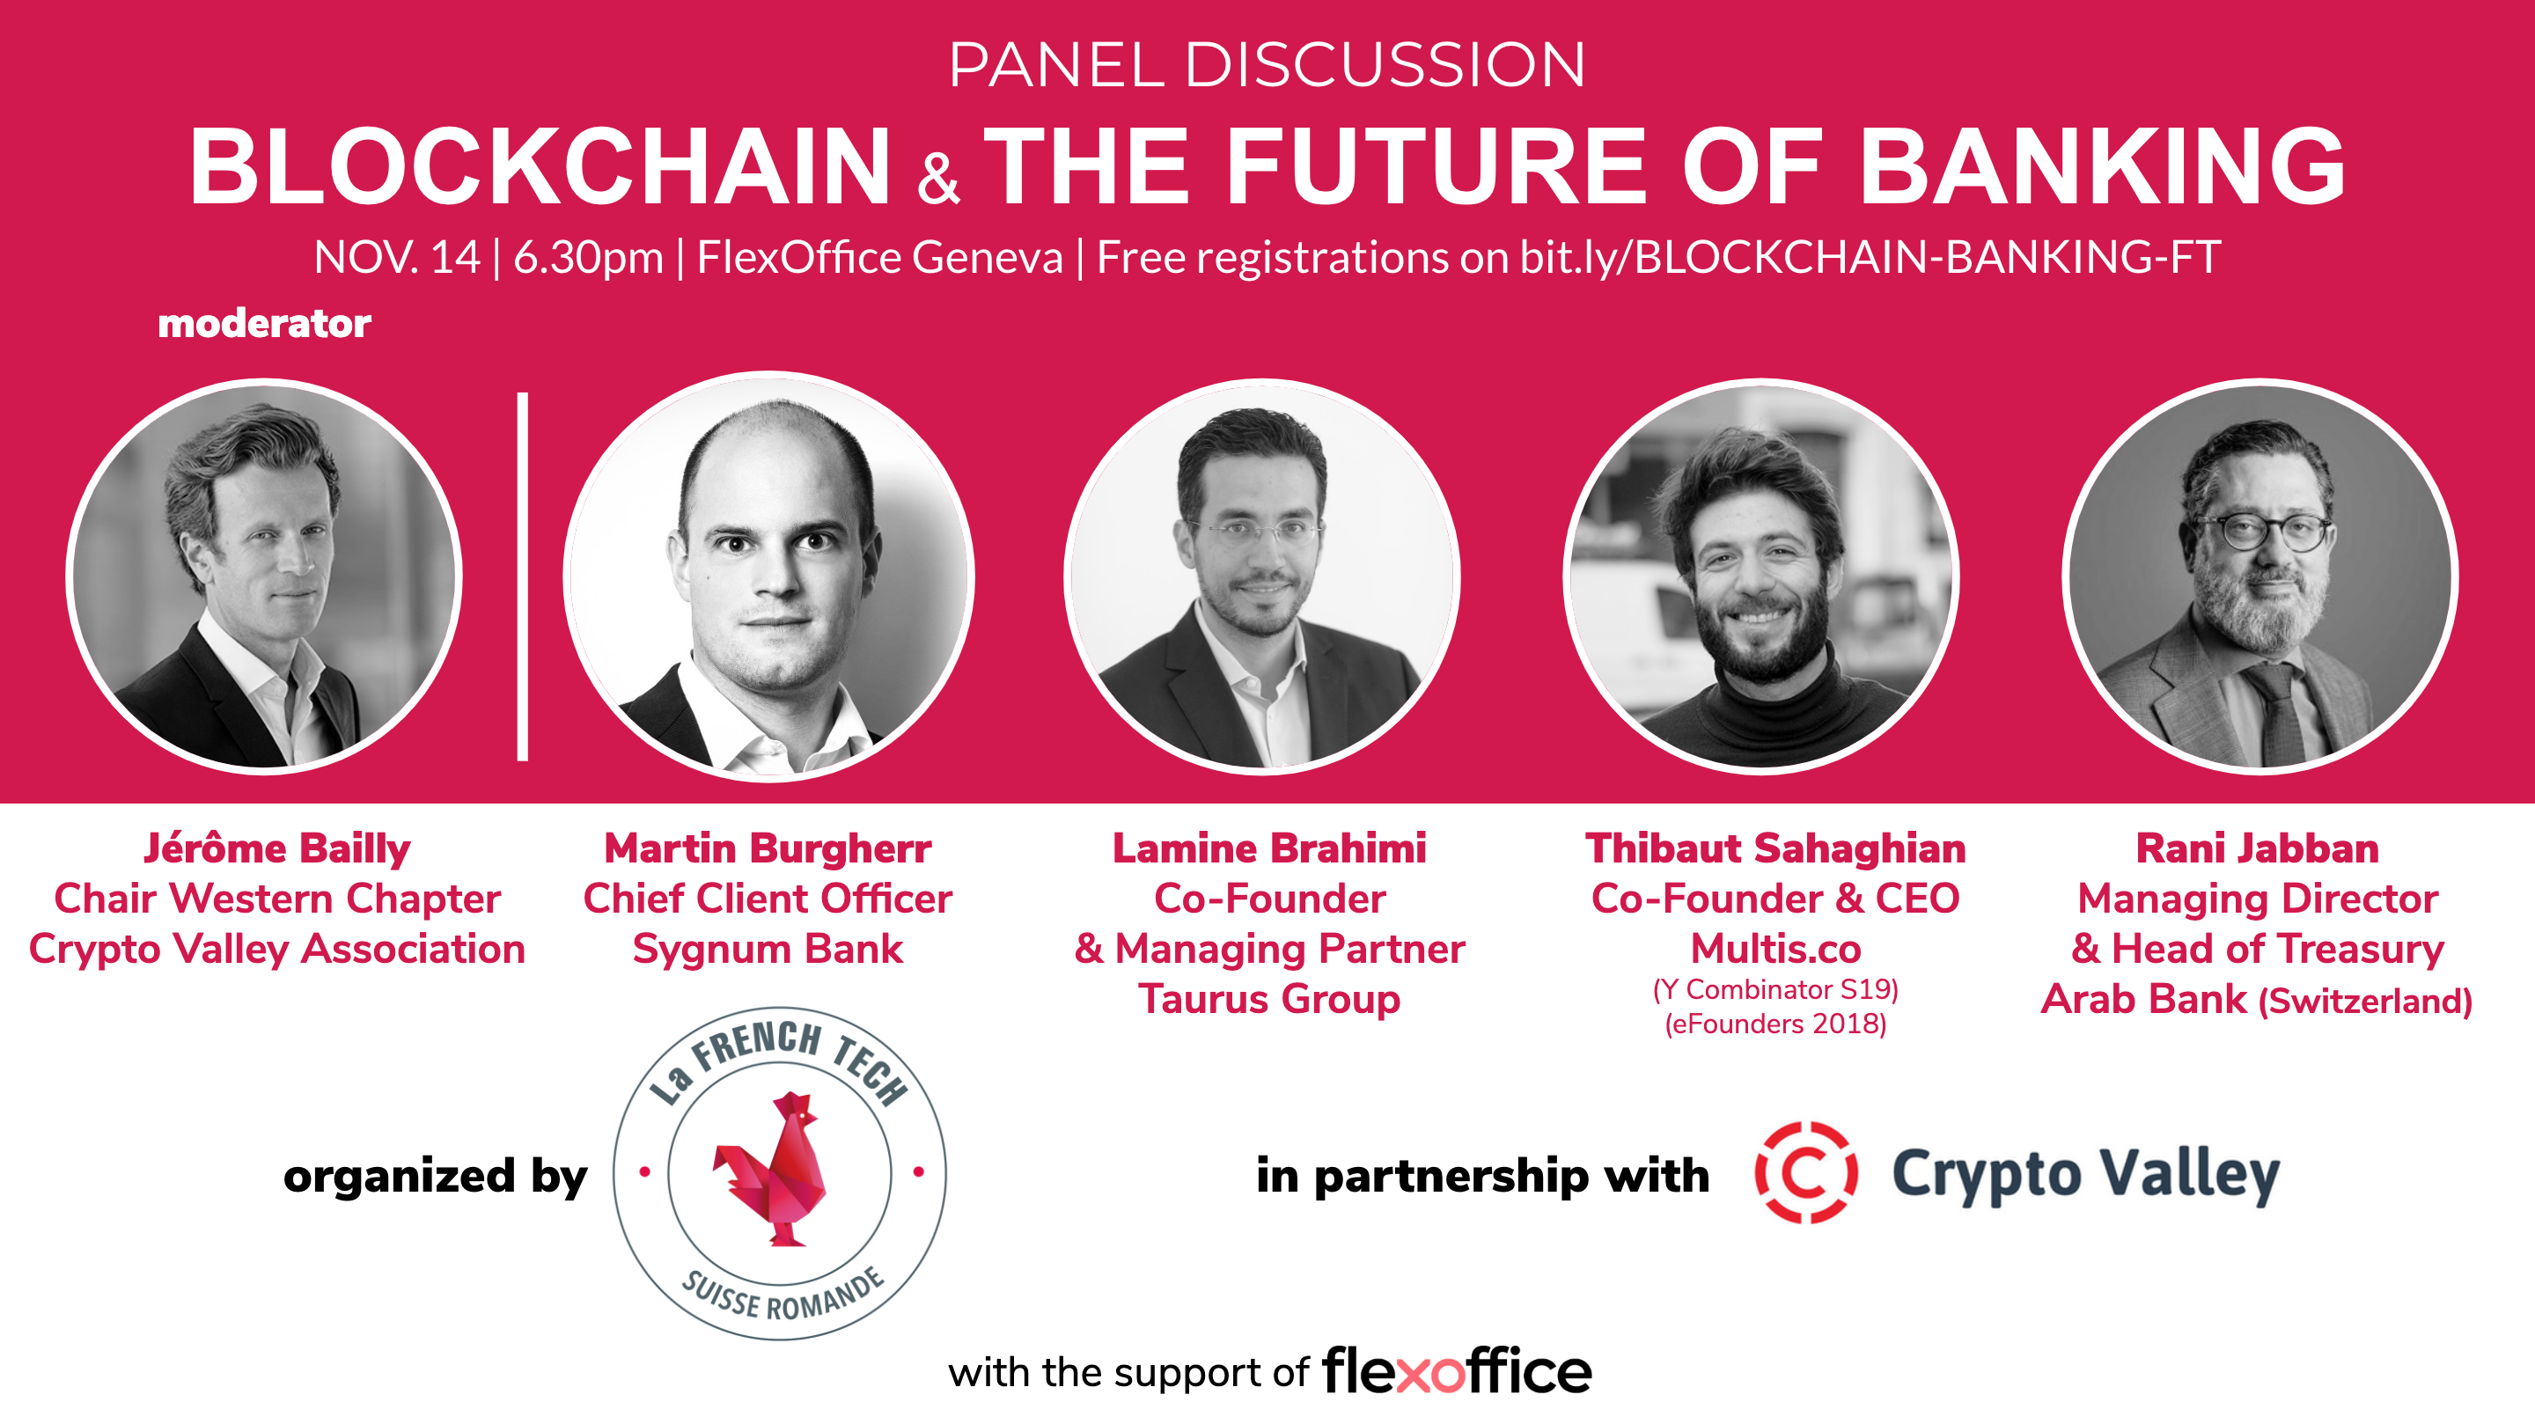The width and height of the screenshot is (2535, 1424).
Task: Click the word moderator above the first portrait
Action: (264, 323)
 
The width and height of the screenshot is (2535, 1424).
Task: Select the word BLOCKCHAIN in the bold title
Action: (540, 166)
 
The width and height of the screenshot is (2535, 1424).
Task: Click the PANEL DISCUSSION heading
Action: (1267, 65)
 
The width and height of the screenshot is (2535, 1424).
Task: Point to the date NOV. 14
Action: (397, 257)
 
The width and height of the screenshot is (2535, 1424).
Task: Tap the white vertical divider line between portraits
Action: (523, 576)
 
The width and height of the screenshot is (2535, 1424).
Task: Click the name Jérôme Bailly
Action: (276, 849)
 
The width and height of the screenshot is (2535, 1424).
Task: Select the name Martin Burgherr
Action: (768, 848)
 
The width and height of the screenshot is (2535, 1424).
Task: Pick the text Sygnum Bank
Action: (768, 950)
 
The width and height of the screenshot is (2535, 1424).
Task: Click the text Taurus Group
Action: (1269, 1000)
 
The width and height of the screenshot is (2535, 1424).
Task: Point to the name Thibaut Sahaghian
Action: (1775, 848)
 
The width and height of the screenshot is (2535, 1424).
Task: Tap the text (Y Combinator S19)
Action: (1775, 989)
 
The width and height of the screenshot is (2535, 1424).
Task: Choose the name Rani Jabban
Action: (2258, 848)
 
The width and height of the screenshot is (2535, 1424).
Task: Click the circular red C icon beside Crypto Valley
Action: (1806, 1172)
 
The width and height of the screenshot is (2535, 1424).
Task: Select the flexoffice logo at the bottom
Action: (1457, 1371)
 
